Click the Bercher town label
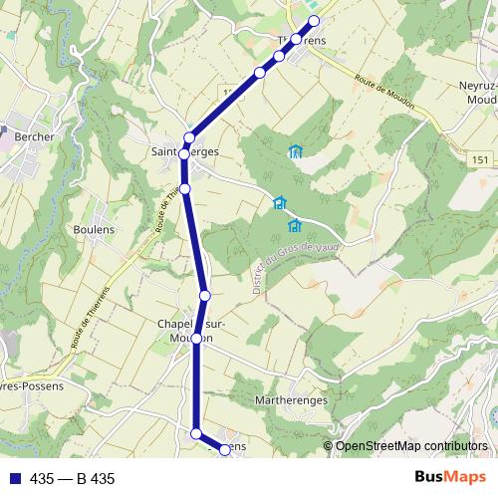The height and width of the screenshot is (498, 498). (x=34, y=136)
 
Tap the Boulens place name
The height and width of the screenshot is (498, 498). (x=94, y=229)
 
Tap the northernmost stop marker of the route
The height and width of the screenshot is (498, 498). (x=315, y=21)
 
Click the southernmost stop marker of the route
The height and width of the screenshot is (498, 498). (x=225, y=450)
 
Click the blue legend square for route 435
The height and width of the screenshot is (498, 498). (x=13, y=479)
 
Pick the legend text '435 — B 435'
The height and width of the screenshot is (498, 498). (x=72, y=479)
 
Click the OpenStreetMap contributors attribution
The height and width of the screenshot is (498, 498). (x=411, y=446)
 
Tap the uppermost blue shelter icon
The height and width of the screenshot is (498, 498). (x=295, y=152)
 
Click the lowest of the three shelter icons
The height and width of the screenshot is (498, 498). (x=295, y=227)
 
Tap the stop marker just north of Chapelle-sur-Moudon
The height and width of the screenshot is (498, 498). (x=205, y=295)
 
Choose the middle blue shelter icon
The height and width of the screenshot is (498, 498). (x=280, y=203)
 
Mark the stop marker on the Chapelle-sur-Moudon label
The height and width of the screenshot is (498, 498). (x=197, y=339)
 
